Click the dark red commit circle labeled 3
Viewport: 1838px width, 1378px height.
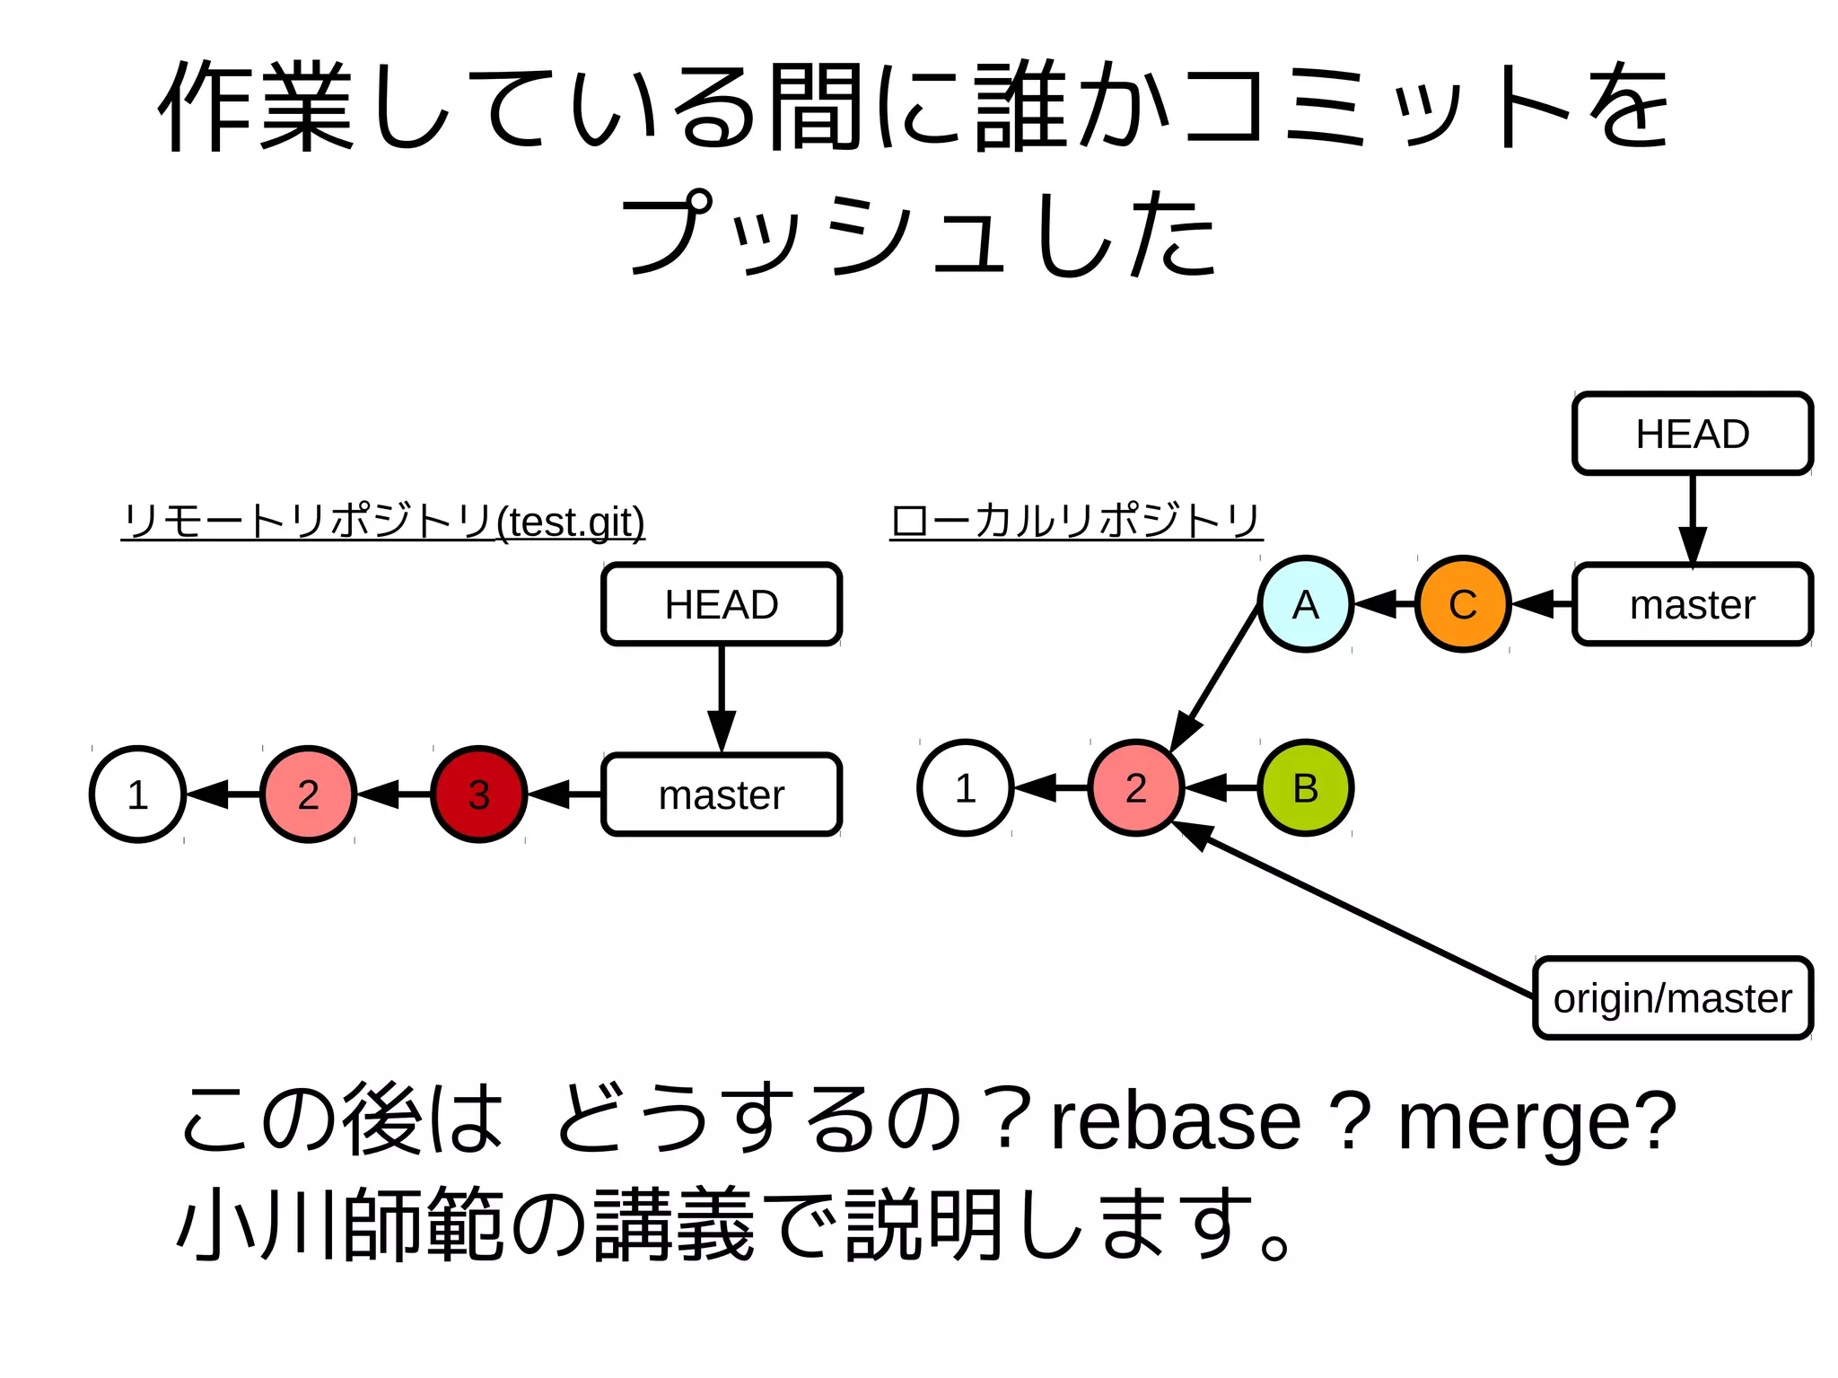coord(478,794)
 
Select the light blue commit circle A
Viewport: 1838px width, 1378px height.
coord(1305,603)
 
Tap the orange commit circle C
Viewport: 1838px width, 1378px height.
coord(1463,603)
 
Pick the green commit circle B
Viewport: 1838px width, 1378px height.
coord(1305,787)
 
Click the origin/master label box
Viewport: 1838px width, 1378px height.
coord(1672,997)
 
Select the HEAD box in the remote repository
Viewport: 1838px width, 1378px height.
coord(722,604)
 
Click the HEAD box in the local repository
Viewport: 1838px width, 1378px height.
coord(1693,434)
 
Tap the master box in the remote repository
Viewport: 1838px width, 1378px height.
coord(722,794)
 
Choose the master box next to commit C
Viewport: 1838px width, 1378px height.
coord(1693,604)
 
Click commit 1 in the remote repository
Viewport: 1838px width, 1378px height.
coord(137,794)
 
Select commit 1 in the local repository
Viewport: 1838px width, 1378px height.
coord(965,787)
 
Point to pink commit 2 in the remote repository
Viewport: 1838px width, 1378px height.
coord(308,794)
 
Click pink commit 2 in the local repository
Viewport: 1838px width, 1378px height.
coord(1135,787)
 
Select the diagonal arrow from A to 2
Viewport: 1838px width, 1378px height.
coord(1216,678)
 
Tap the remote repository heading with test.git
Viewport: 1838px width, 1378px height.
coord(383,521)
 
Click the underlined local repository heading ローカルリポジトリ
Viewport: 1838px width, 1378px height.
coord(1076,521)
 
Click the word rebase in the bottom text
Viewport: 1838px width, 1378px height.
coord(1176,1121)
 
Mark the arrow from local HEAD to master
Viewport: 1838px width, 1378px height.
coord(1693,516)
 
